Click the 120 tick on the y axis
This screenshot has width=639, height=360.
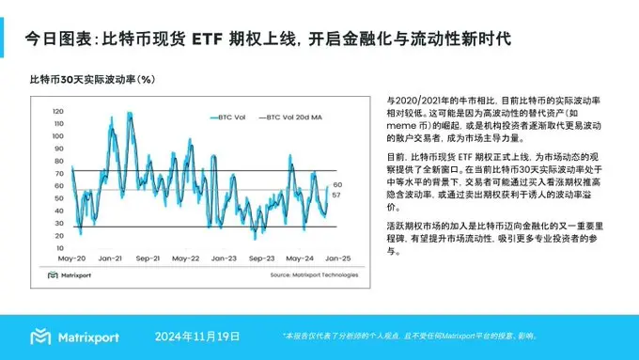click(x=57, y=112)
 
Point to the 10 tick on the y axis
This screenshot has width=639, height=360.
click(x=58, y=247)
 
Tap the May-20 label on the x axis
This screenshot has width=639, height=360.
click(x=73, y=258)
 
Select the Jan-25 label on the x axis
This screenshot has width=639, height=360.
click(x=336, y=258)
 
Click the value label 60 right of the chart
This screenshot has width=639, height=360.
click(x=336, y=184)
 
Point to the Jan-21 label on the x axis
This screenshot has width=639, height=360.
click(x=111, y=258)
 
